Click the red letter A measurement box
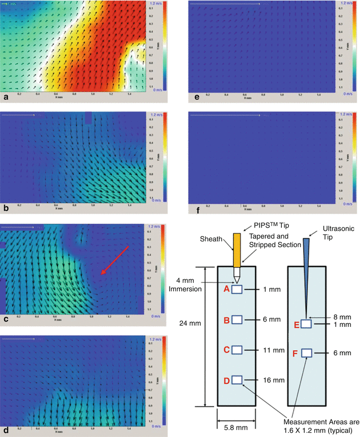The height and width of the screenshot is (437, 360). pyautogui.click(x=237, y=289)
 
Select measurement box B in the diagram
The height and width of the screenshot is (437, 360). pyautogui.click(x=237, y=320)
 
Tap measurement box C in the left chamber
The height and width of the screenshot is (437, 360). pyautogui.click(x=237, y=350)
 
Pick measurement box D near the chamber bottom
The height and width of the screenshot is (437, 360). pyautogui.click(x=237, y=380)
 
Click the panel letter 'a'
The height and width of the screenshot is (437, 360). pyautogui.click(x=5, y=98)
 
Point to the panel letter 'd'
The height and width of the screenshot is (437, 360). pyautogui.click(x=5, y=428)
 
